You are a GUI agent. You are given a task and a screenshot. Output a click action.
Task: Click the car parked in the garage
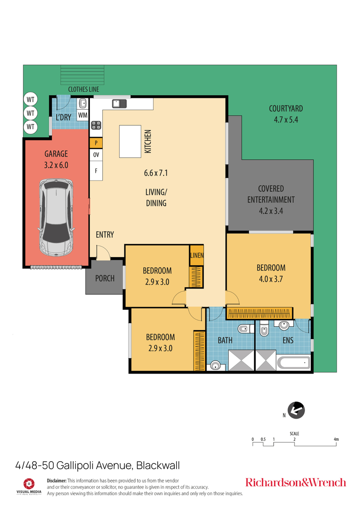(x=56, y=217)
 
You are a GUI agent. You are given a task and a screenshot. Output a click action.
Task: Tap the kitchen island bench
(x=131, y=141)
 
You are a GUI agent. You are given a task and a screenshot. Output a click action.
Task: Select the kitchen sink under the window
(x=120, y=104)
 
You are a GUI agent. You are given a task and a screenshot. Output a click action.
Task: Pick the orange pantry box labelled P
(x=96, y=143)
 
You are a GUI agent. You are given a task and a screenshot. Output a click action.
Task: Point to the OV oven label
(x=96, y=155)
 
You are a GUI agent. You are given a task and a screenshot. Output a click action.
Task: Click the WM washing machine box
(x=82, y=115)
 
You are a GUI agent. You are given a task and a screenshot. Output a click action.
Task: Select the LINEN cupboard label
(x=196, y=255)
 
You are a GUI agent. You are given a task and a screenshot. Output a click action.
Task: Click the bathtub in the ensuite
(x=293, y=363)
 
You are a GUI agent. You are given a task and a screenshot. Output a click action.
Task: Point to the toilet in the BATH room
(x=243, y=330)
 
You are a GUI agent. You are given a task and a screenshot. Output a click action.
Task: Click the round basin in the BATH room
(x=216, y=365)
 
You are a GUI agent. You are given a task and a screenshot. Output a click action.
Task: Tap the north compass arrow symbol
(x=296, y=410)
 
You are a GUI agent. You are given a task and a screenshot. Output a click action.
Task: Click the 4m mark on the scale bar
(x=336, y=440)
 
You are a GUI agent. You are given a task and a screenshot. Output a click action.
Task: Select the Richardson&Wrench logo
(x=295, y=482)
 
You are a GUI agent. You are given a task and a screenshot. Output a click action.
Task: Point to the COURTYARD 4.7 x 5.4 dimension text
(x=286, y=120)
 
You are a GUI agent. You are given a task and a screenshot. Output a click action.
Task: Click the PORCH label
(x=105, y=278)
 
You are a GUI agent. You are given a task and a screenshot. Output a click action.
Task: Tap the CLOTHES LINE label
(x=83, y=89)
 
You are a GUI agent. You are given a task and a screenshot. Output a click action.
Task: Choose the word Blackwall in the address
(x=158, y=466)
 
